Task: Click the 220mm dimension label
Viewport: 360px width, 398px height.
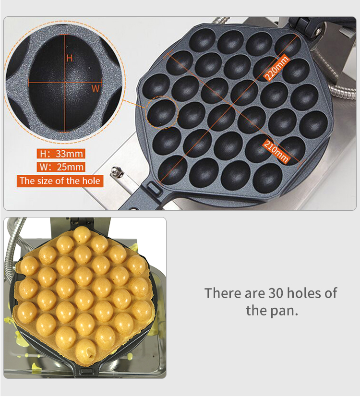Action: pyautogui.click(x=277, y=68)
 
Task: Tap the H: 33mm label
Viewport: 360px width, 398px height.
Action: pyautogui.click(x=61, y=154)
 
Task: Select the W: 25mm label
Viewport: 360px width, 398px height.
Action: pyautogui.click(x=61, y=167)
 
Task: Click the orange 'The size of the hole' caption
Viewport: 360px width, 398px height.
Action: pyautogui.click(x=60, y=181)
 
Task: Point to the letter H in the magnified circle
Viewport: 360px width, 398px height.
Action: pyautogui.click(x=70, y=58)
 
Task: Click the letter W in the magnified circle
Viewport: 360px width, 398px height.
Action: pyautogui.click(x=96, y=88)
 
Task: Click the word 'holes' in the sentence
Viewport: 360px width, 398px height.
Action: pyautogui.click(x=304, y=293)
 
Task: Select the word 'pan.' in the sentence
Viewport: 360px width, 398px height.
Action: pyautogui.click(x=284, y=311)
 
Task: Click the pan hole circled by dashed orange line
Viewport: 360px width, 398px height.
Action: pyautogui.click(x=162, y=113)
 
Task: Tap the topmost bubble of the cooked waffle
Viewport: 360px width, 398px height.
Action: pyautogui.click(x=82, y=235)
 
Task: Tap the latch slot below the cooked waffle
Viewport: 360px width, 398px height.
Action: pyautogui.click(x=87, y=371)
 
